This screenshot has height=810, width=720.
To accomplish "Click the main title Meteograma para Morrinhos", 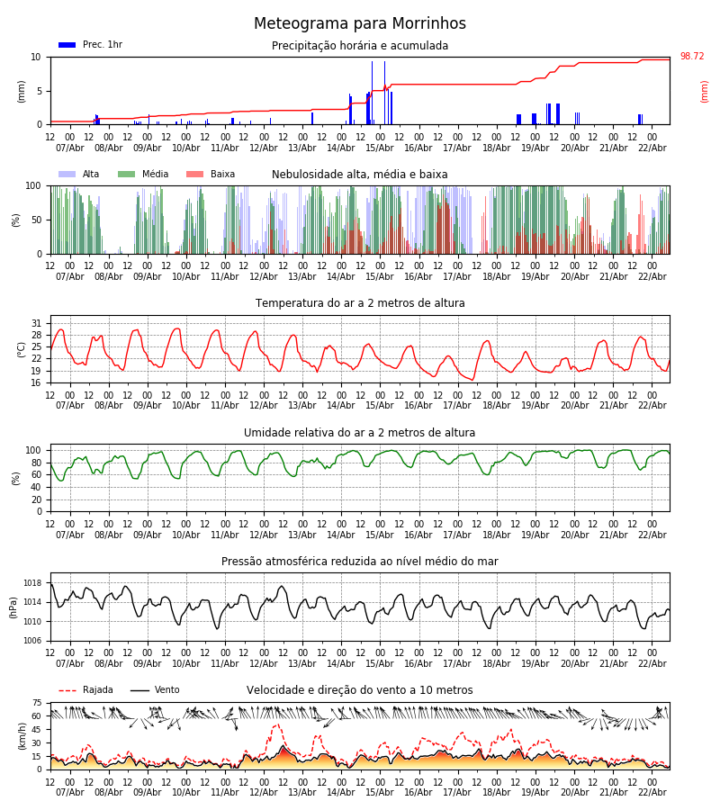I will tap(360, 24).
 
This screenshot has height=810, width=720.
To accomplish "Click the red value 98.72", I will tap(692, 57).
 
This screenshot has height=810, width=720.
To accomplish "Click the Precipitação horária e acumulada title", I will tap(360, 46).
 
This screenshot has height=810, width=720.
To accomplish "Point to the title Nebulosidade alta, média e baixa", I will tap(360, 175).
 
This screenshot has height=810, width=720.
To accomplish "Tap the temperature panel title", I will tap(360, 303).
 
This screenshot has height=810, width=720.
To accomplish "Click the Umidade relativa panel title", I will tap(360, 433).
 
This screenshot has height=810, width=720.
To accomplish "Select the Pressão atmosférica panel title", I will tap(360, 562).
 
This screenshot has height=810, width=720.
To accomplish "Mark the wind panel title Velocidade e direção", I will tap(360, 690).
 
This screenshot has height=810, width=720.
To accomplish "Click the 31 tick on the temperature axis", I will tap(37, 323).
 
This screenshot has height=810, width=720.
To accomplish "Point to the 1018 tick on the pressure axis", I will tap(32, 583).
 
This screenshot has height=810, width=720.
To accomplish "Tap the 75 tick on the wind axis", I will tap(37, 703).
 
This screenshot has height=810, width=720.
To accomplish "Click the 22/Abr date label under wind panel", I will tap(652, 792).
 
